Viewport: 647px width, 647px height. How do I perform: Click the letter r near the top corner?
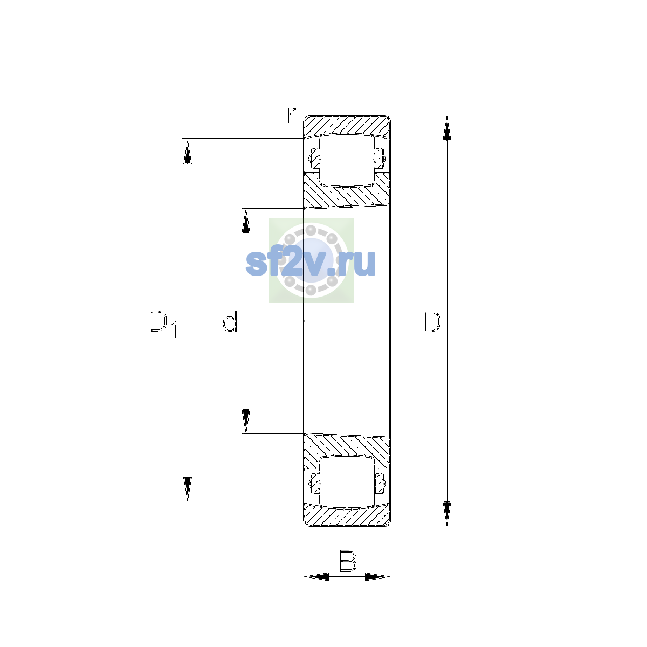[x=292, y=115]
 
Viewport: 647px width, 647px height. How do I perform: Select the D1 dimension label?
[x=163, y=323]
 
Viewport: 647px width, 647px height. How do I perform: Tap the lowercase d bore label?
[x=230, y=321]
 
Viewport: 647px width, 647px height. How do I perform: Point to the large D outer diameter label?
[x=432, y=322]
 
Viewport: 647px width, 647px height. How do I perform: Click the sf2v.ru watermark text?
[x=311, y=263]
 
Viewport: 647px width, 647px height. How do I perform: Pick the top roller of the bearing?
[x=347, y=160]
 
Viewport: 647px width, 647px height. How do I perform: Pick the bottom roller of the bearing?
[x=347, y=482]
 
